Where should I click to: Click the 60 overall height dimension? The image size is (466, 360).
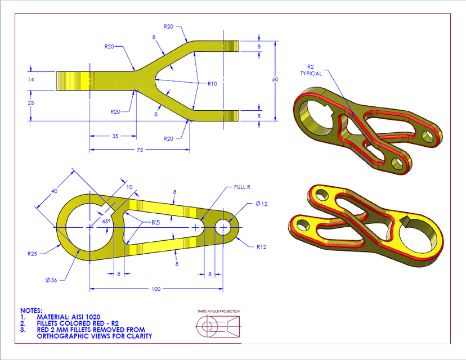tap(275, 80)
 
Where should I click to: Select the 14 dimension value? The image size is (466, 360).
tap(31, 80)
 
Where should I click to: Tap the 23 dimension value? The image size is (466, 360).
tap(31, 103)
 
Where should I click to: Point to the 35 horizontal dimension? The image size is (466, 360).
tap(115, 136)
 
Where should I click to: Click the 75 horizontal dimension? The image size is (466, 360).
tap(140, 150)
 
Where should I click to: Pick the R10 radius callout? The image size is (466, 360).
tap(212, 84)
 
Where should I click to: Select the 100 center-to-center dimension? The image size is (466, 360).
tap(156, 289)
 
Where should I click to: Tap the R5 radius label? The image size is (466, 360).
tap(156, 223)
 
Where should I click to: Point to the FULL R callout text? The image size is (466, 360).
tap(243, 187)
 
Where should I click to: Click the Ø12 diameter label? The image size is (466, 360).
tap(261, 204)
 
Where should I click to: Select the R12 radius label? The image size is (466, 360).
tap(261, 246)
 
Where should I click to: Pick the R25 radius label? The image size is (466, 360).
tap(32, 254)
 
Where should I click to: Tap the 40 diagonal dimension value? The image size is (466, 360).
tap(54, 191)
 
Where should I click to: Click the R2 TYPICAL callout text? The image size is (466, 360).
tap(311, 70)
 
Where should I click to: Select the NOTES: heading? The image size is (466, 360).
tap(30, 310)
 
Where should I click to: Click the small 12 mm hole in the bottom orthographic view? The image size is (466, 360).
tap(223, 227)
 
